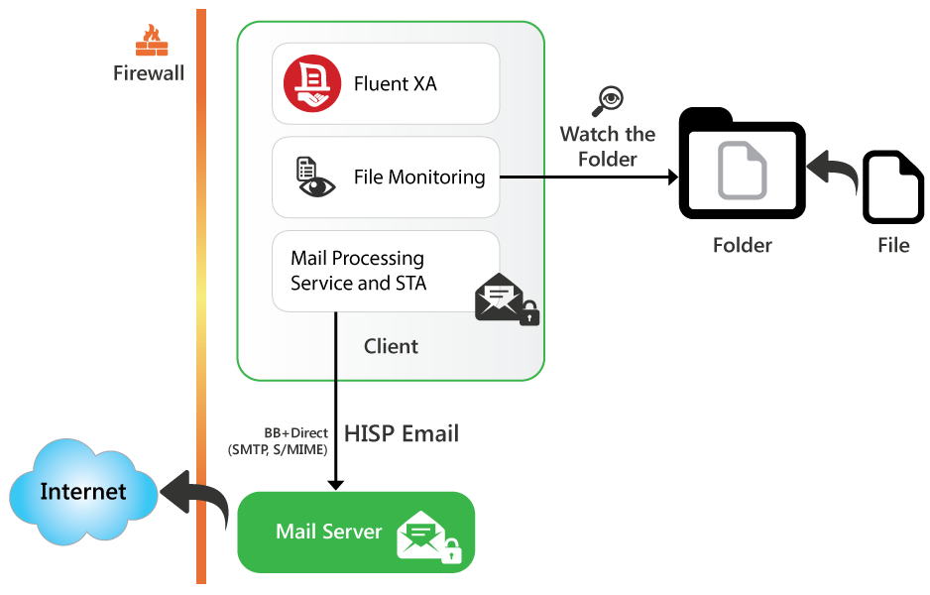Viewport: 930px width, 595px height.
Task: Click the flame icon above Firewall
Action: click(x=152, y=41)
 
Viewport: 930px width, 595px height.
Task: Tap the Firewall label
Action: click(x=149, y=73)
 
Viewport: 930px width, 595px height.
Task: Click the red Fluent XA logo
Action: click(x=311, y=84)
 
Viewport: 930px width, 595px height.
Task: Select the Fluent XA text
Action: click(x=395, y=84)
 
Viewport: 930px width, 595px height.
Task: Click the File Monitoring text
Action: click(x=419, y=178)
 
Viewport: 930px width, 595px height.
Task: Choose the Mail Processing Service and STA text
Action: click(x=357, y=271)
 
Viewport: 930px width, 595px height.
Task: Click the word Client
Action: click(x=391, y=346)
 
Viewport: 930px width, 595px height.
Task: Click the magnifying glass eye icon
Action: click(x=607, y=100)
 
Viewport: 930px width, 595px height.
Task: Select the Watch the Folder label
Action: click(x=608, y=147)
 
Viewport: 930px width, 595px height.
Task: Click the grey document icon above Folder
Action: click(x=743, y=172)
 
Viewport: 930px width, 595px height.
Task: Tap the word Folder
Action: click(x=743, y=245)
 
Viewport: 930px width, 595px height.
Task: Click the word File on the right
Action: click(x=892, y=245)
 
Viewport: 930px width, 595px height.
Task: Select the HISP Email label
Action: click(x=402, y=433)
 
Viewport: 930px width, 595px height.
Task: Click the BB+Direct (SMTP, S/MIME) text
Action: click(x=278, y=441)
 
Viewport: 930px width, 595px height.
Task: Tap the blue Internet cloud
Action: click(x=83, y=492)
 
